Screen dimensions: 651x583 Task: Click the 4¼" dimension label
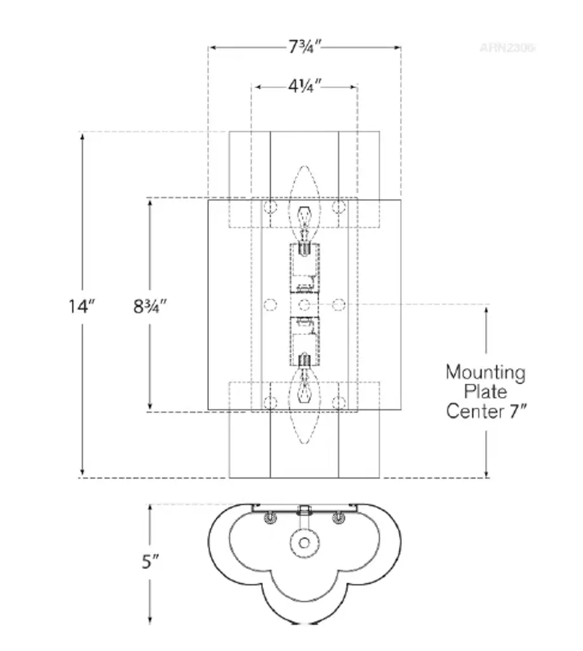(303, 86)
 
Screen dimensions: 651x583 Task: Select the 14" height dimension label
(82, 306)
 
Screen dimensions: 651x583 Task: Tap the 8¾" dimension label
(150, 306)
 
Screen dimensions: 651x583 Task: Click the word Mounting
(485, 372)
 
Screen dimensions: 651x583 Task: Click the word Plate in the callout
(485, 392)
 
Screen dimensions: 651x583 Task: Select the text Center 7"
(485, 411)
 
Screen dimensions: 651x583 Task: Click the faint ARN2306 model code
(507, 47)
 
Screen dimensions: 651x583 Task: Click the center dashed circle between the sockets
(304, 305)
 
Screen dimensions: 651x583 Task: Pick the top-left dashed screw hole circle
(270, 207)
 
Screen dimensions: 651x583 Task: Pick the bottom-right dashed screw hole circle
(339, 402)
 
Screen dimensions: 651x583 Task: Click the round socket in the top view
(304, 543)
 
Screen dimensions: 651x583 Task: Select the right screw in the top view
(338, 518)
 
